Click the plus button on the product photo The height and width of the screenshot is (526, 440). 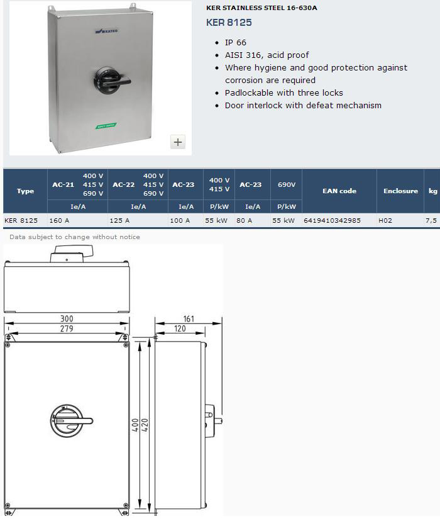click(178, 142)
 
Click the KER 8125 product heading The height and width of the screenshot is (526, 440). click(229, 23)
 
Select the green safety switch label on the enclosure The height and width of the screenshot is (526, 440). click(106, 125)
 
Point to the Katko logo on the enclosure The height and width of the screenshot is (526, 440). click(107, 31)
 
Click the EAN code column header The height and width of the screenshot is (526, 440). click(339, 191)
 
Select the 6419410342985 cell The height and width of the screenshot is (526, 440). click(332, 220)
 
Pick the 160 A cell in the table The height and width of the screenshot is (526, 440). click(59, 220)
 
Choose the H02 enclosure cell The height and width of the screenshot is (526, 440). click(385, 220)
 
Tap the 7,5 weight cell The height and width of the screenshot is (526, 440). click(431, 220)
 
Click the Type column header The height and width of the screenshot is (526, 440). click(26, 191)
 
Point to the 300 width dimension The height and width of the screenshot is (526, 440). click(67, 318)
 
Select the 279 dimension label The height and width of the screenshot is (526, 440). click(67, 328)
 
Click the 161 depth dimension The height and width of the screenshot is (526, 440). click(189, 319)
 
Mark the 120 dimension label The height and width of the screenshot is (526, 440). click(180, 328)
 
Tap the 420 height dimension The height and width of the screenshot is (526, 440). click(145, 425)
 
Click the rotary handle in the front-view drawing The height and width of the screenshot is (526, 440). click(72, 421)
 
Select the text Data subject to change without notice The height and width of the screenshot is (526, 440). click(75, 237)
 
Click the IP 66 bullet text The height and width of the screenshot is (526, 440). click(236, 43)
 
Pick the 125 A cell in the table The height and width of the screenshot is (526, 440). click(119, 220)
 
